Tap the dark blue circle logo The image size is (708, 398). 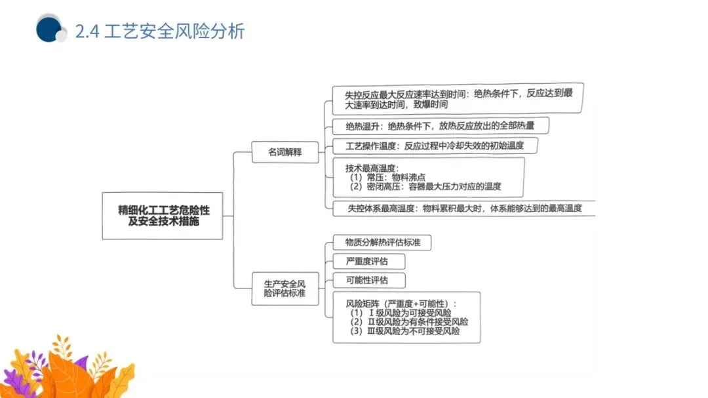pyautogui.click(x=49, y=28)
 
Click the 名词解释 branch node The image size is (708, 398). pyautogui.click(x=286, y=151)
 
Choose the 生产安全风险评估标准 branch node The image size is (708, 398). pyautogui.click(x=285, y=289)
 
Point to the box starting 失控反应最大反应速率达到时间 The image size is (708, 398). pyautogui.click(x=458, y=98)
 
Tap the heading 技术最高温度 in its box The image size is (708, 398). pyautogui.click(x=372, y=168)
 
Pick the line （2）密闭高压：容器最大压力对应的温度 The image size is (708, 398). pyautogui.click(x=426, y=187)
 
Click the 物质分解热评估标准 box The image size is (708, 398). pyautogui.click(x=382, y=243)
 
